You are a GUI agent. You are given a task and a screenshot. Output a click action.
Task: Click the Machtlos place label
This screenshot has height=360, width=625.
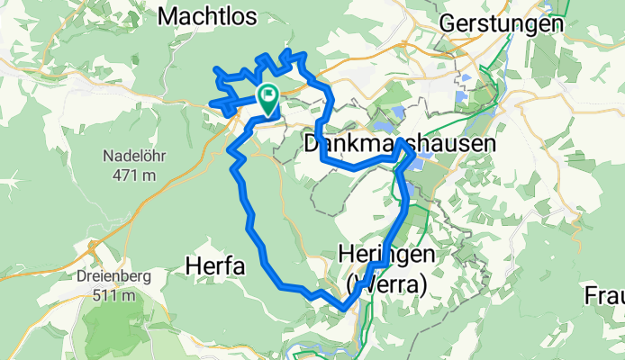pos(206,16)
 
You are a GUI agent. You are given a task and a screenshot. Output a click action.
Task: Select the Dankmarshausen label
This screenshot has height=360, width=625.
pos(399,144)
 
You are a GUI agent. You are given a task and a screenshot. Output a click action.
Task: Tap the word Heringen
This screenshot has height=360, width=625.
pos(391,255)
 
